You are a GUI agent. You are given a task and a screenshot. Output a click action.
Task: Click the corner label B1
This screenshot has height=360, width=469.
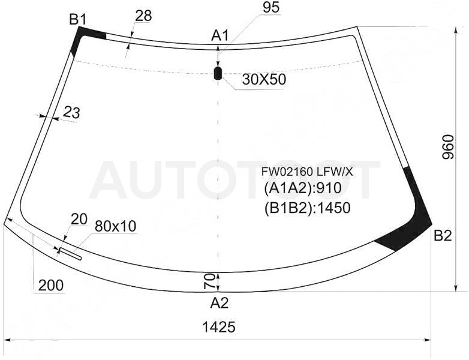tap(78, 20)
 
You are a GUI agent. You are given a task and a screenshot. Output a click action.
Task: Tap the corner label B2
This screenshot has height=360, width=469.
tap(443, 236)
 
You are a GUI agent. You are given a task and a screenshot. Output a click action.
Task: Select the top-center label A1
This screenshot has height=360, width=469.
tap(220, 36)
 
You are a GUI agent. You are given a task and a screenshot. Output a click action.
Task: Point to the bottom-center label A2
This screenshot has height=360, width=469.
tap(220, 304)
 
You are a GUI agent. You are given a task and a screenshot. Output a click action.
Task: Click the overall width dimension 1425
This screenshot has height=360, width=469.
tap(219, 327)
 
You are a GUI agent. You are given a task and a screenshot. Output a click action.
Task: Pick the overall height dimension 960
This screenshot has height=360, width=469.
tap(448, 146)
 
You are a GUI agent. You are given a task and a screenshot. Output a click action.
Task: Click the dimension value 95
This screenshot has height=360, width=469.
tap(271, 7)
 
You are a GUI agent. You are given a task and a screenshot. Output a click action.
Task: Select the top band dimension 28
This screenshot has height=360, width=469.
tap(143, 16)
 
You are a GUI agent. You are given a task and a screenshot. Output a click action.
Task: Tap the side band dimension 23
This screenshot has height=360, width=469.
tap(72, 113)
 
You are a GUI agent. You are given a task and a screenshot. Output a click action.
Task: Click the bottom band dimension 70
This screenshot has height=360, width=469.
tap(209, 281)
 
